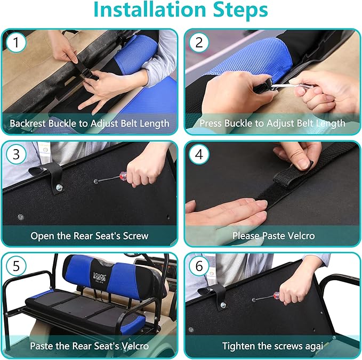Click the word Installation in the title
point(150,10)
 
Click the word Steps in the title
point(240,10)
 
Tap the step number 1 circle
point(16,43)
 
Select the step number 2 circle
point(199,43)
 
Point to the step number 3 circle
point(16,154)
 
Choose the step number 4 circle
point(199,154)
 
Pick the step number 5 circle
point(16,266)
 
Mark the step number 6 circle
point(199,266)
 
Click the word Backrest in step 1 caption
point(28,124)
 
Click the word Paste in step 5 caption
point(42,346)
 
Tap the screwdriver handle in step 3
point(123,176)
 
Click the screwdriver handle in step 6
point(277,296)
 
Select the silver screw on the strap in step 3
point(59,187)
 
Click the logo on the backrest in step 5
point(100,276)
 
